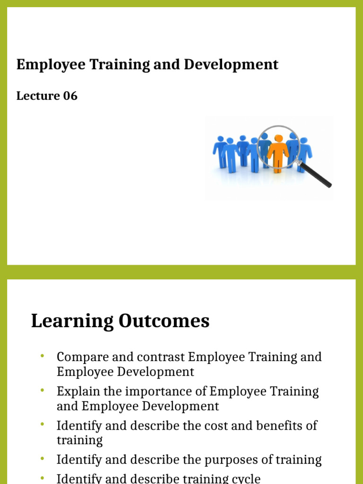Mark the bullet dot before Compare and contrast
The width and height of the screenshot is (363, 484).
point(42,355)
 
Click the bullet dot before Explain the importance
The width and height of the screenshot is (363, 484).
point(42,390)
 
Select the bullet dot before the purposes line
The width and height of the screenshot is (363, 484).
point(42,458)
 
